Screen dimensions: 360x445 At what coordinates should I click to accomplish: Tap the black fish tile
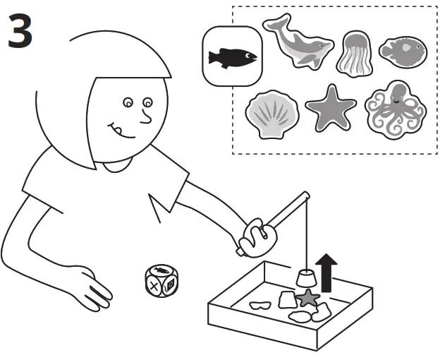(x=231, y=56)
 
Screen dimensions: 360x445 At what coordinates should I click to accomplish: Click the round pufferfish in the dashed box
(x=403, y=49)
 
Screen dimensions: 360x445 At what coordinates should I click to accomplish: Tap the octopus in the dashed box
(x=395, y=109)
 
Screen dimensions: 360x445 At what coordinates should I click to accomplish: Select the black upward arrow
(x=326, y=272)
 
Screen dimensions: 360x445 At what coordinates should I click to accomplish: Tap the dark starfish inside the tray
(x=307, y=298)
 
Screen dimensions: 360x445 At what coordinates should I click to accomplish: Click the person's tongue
(x=122, y=131)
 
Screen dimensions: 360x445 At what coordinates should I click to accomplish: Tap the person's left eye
(x=128, y=104)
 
